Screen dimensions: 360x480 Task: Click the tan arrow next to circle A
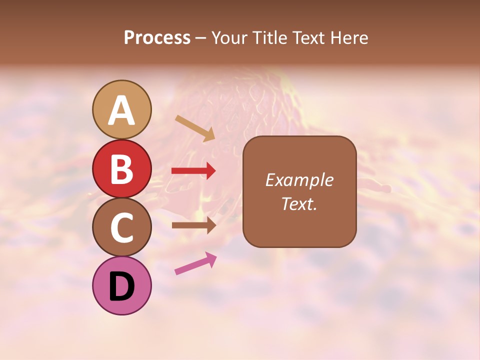(195, 128)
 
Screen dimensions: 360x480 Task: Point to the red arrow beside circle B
(193, 171)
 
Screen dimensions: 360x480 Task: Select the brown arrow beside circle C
(193, 225)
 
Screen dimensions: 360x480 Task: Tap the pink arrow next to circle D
(195, 263)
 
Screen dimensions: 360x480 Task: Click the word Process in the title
(157, 38)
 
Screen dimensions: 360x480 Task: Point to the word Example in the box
(299, 180)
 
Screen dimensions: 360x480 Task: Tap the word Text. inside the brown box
(299, 203)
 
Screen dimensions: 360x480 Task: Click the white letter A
(121, 110)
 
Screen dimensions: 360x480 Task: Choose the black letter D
(121, 286)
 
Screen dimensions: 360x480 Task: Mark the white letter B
(121, 169)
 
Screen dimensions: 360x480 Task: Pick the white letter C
(121, 227)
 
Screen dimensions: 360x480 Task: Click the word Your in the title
(229, 38)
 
